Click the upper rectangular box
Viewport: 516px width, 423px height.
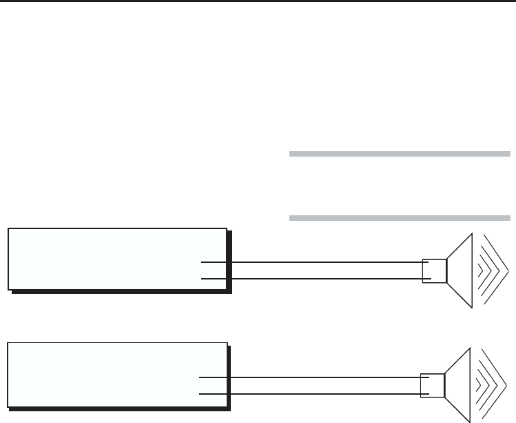pos(117,258)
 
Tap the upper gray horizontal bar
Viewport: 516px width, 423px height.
pos(400,154)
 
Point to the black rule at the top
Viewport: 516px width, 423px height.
pos(258,2)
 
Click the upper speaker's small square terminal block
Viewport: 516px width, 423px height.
pos(435,270)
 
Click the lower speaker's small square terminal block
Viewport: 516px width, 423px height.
pos(433,386)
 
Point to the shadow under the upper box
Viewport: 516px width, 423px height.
pos(121,292)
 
